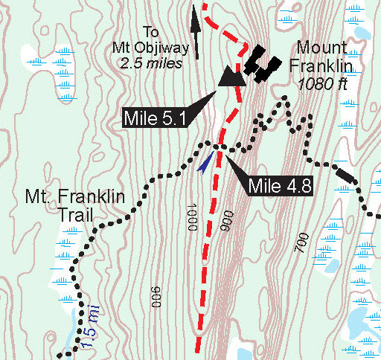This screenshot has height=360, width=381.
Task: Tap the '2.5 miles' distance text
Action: (151, 63)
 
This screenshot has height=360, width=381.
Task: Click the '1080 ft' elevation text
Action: (323, 84)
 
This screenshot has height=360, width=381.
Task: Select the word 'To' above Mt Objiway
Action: (151, 32)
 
